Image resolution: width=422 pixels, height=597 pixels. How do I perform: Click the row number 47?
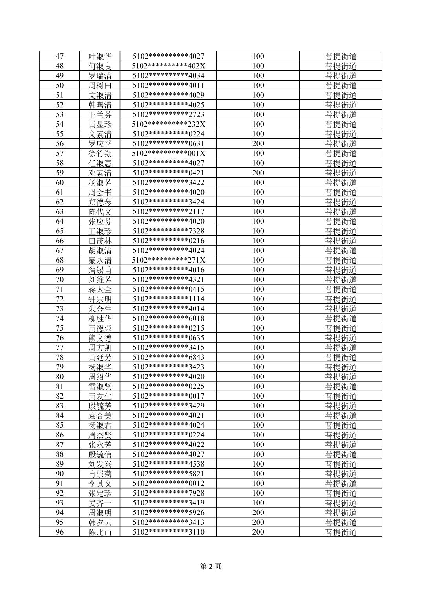coord(60,56)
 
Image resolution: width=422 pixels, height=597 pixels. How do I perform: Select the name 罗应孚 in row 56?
coord(100,144)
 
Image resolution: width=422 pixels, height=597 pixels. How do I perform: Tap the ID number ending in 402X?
coord(168,66)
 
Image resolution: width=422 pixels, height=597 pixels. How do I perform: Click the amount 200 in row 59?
coord(258,173)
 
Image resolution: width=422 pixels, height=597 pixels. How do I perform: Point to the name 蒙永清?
coord(100,260)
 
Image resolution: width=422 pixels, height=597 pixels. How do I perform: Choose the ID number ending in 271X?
coord(168,260)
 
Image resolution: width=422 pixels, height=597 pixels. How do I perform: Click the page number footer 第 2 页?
coord(211,566)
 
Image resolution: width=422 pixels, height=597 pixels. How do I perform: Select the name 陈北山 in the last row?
coord(100,532)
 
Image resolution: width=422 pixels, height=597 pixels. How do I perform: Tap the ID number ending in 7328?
coord(168,231)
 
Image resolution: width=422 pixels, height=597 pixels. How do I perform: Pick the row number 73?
coord(60,309)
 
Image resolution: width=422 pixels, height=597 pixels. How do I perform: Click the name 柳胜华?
coord(100,318)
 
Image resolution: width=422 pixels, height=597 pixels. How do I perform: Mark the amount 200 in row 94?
coord(258,513)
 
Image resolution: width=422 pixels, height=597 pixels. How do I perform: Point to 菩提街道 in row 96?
coord(341,532)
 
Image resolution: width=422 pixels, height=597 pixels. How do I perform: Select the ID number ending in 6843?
coord(168,357)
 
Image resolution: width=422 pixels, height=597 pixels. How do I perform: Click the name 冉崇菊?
coord(100,474)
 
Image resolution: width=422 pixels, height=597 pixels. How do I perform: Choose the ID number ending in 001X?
coord(168,153)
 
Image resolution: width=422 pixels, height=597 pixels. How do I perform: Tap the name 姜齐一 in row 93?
coord(100,503)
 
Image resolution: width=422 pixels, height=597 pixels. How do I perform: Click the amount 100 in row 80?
coord(258,377)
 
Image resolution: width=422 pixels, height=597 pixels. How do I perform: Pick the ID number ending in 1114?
coord(168,299)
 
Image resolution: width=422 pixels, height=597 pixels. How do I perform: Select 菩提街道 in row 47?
coord(341,56)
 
